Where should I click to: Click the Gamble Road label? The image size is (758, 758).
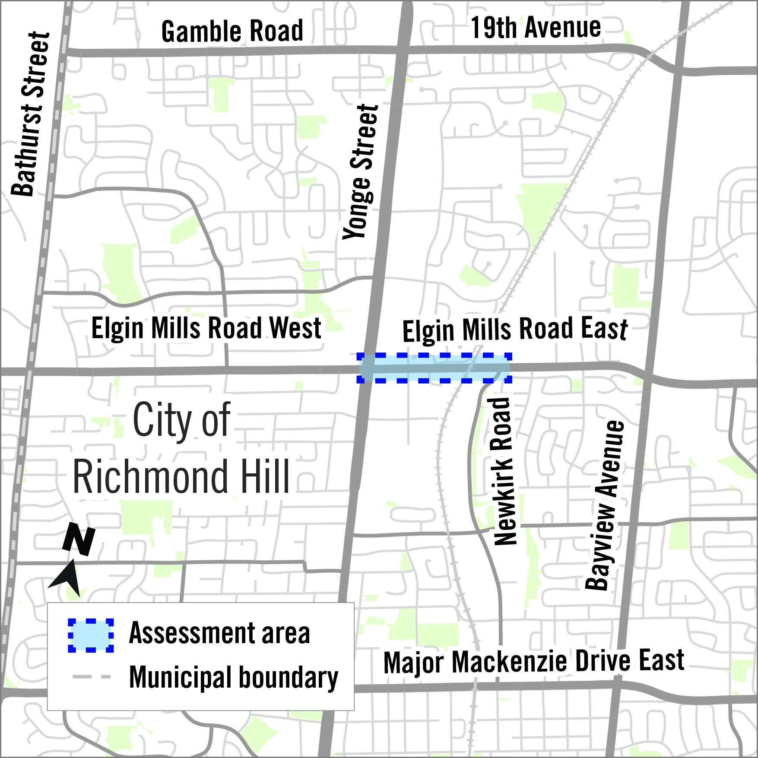pyautogui.click(x=232, y=31)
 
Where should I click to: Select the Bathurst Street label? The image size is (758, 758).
pyautogui.click(x=30, y=114)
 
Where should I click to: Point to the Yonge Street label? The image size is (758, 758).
pyautogui.click(x=361, y=172)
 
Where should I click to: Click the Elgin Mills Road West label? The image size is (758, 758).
pyautogui.click(x=206, y=328)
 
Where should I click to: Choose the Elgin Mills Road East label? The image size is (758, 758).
pyautogui.click(x=515, y=330)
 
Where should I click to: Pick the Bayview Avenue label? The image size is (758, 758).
pyautogui.click(x=605, y=505)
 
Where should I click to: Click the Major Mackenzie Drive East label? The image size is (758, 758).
pyautogui.click(x=533, y=662)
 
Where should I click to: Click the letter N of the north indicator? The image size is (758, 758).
pyautogui.click(x=79, y=539)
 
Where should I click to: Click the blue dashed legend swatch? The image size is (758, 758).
pyautogui.click(x=91, y=635)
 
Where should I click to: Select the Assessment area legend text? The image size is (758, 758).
pyautogui.click(x=219, y=634)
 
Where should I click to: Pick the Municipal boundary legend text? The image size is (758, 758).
pyautogui.click(x=233, y=677)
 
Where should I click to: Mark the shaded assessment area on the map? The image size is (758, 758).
pyautogui.click(x=434, y=368)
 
